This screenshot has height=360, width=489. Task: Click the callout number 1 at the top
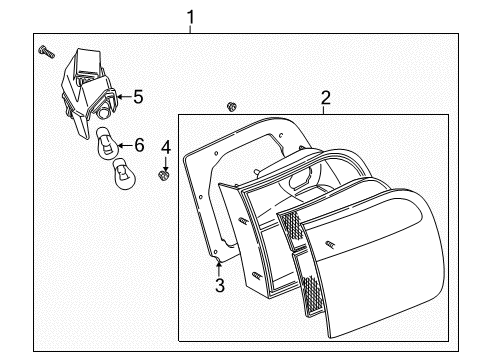click(190, 17)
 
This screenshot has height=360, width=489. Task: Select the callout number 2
click(326, 98)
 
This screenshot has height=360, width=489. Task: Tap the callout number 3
click(220, 285)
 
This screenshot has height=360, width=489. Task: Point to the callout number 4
click(166, 147)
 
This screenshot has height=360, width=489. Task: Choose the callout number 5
click(138, 97)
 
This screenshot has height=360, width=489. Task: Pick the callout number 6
click(139, 145)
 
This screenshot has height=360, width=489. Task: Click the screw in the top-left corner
click(46, 52)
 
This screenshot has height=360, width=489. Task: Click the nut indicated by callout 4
click(163, 174)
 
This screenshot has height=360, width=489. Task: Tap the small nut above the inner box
click(231, 107)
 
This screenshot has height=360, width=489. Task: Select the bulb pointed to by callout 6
click(107, 143)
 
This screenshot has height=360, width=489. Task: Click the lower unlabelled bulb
click(124, 174)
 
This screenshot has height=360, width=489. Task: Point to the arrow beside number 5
click(125, 97)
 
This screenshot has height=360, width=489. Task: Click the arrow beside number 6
click(125, 145)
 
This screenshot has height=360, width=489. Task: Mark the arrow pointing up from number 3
click(219, 269)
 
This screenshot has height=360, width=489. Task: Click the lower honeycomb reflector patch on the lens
click(309, 293)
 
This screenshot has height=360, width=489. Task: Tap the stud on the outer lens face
click(330, 244)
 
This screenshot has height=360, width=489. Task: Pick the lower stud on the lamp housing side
click(256, 276)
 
